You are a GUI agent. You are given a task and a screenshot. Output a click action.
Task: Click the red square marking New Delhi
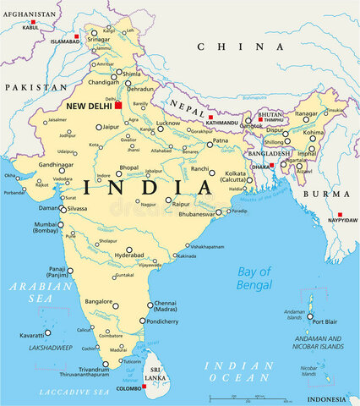(x=119, y=106)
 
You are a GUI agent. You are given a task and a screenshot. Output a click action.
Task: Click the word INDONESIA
(x=327, y=399)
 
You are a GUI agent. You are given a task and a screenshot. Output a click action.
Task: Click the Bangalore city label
(x=98, y=300)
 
